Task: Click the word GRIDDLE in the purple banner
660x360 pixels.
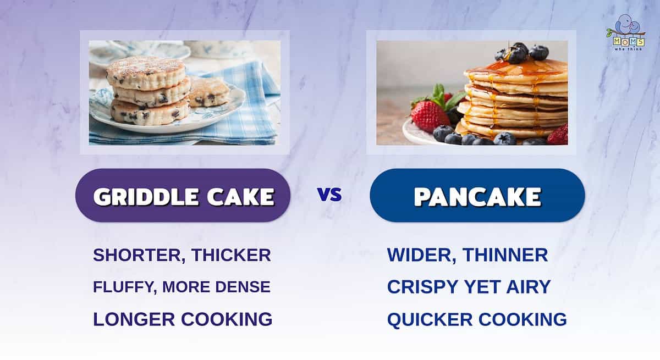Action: pos(146,197)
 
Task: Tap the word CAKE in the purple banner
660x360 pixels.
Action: pos(241,197)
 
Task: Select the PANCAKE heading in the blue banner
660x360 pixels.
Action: pos(477,197)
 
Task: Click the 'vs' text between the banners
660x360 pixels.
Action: pos(330,195)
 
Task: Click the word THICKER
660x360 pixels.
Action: pos(231,255)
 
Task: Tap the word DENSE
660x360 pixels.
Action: pos(243,287)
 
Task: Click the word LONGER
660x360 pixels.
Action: pos(134,319)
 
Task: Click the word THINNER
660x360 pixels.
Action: pos(505,255)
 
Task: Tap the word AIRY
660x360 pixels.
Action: pos(529,287)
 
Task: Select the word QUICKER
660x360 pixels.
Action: pos(430,320)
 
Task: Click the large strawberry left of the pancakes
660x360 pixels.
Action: pos(430,117)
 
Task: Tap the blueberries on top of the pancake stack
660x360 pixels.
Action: pos(522,53)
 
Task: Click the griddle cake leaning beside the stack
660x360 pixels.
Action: pos(208,92)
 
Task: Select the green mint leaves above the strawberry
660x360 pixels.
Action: pos(442,97)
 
